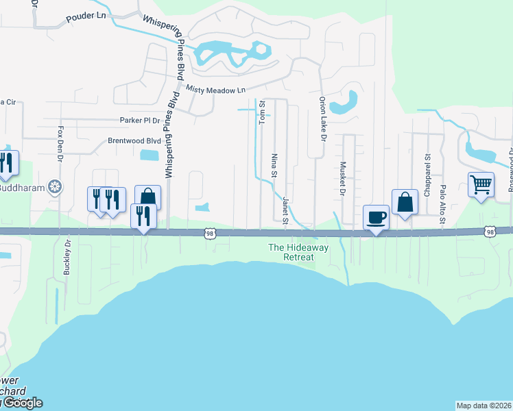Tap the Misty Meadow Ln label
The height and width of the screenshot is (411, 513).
(x=214, y=90)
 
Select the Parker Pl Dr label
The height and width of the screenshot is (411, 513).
(x=139, y=120)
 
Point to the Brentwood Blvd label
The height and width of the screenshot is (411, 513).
(x=134, y=140)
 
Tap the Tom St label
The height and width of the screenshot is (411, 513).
(x=262, y=112)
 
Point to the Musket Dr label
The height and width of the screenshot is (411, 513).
(x=342, y=179)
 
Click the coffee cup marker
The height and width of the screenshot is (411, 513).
(x=376, y=218)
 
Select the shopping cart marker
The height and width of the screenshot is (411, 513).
(x=481, y=183)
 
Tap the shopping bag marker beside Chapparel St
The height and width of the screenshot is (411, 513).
(x=405, y=202)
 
